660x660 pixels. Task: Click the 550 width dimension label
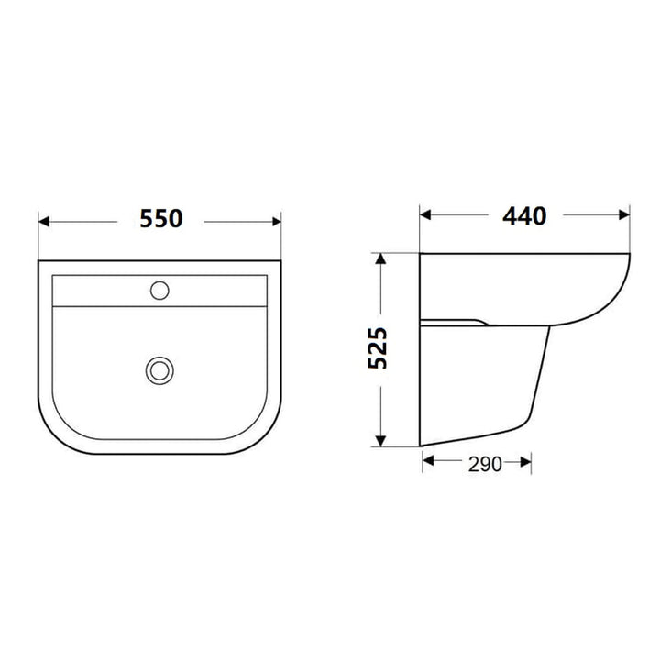coord(160,219)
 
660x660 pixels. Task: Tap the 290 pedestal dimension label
coord(478,464)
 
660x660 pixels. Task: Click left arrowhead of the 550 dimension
coord(43,220)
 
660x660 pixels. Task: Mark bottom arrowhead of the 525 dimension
coord(379,442)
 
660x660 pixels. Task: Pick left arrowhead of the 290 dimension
coord(427,464)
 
